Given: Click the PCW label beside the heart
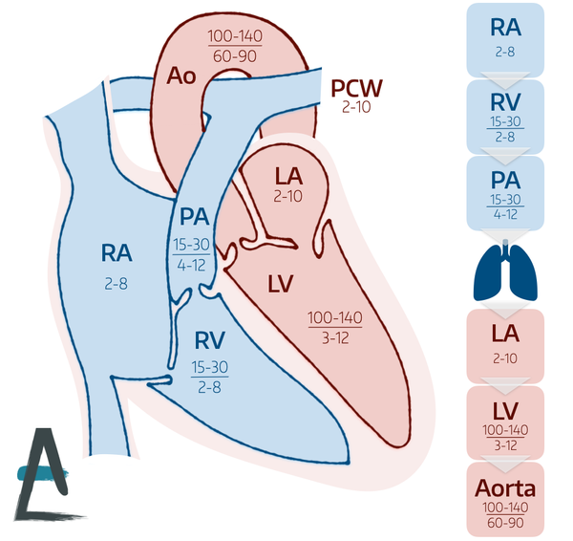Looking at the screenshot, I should [x=356, y=89].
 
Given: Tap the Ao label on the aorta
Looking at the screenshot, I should [x=181, y=76].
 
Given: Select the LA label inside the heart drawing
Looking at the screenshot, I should [x=289, y=177].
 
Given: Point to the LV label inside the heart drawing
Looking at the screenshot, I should [x=280, y=285].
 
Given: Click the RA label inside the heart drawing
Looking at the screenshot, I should [x=117, y=253].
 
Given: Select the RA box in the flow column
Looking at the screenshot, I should [x=504, y=39].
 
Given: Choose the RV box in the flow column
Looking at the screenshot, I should [x=504, y=117].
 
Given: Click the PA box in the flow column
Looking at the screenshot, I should [x=504, y=193].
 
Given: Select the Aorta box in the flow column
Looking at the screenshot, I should [x=504, y=499].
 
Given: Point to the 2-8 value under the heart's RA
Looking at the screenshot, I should [x=117, y=283].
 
